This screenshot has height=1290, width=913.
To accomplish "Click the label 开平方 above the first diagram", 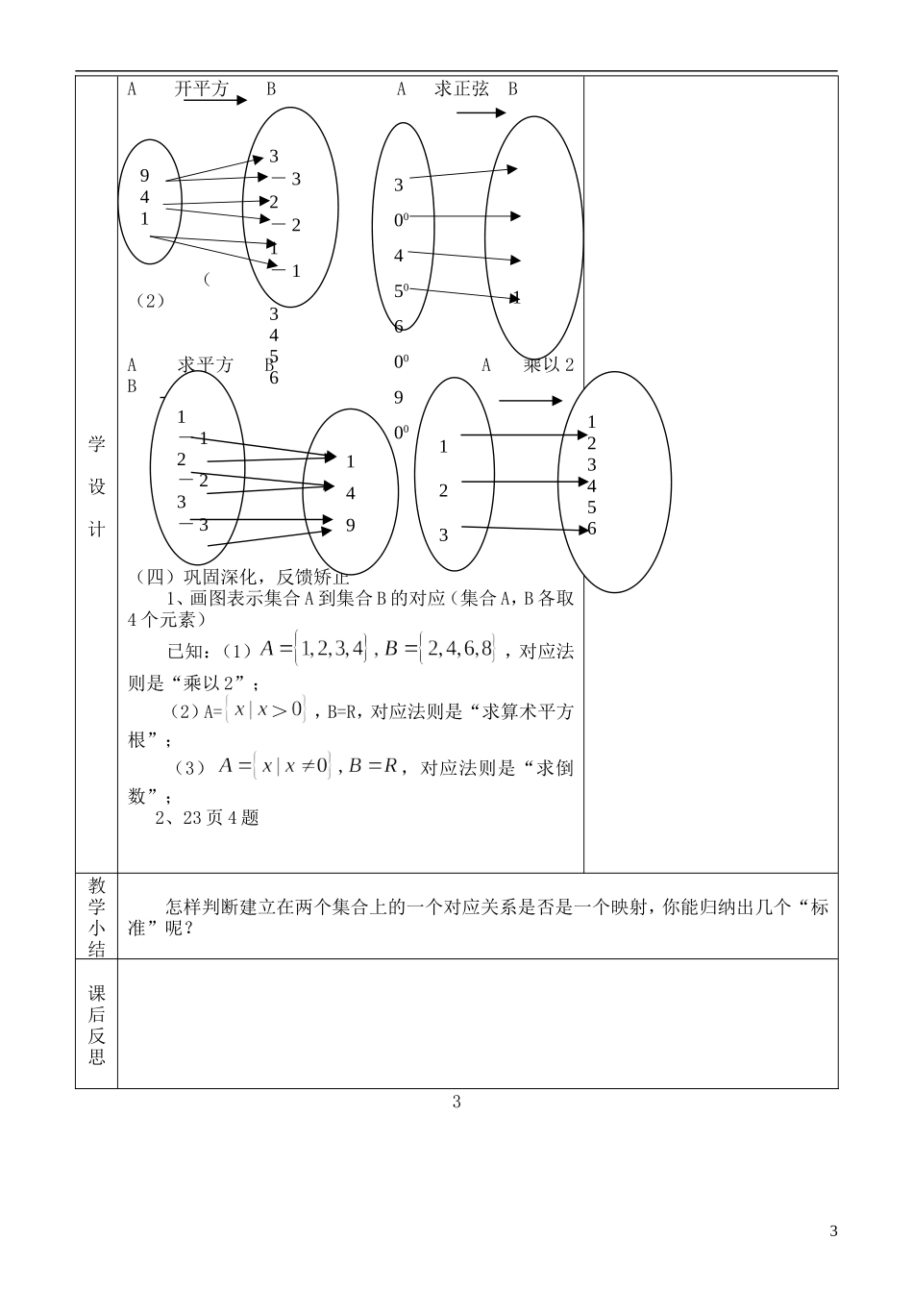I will click(x=202, y=89).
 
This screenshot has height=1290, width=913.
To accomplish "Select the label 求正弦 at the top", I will click(x=461, y=89).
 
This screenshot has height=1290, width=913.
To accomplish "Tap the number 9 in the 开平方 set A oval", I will click(x=145, y=175).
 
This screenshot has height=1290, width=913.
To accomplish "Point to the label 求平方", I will click(x=206, y=365).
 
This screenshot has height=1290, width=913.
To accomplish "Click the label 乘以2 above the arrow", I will click(x=549, y=365).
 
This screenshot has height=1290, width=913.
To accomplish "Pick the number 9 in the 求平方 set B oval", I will click(x=351, y=525).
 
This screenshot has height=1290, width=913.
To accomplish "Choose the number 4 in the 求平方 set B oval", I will click(x=351, y=493).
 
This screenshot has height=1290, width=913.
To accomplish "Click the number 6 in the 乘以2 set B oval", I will click(x=592, y=529).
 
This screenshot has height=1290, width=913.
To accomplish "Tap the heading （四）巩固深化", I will click(x=241, y=577).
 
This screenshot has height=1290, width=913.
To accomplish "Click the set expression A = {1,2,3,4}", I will click(x=314, y=651).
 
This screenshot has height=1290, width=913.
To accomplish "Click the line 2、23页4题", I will click(x=208, y=819).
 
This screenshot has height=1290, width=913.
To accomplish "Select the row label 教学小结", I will click(x=96, y=916).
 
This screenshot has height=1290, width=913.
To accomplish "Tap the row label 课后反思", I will click(x=96, y=1025).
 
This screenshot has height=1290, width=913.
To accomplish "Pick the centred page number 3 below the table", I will click(x=456, y=1103).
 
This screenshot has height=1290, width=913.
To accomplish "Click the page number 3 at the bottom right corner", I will click(x=833, y=1231).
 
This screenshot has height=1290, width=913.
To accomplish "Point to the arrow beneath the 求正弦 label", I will click(x=481, y=113).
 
